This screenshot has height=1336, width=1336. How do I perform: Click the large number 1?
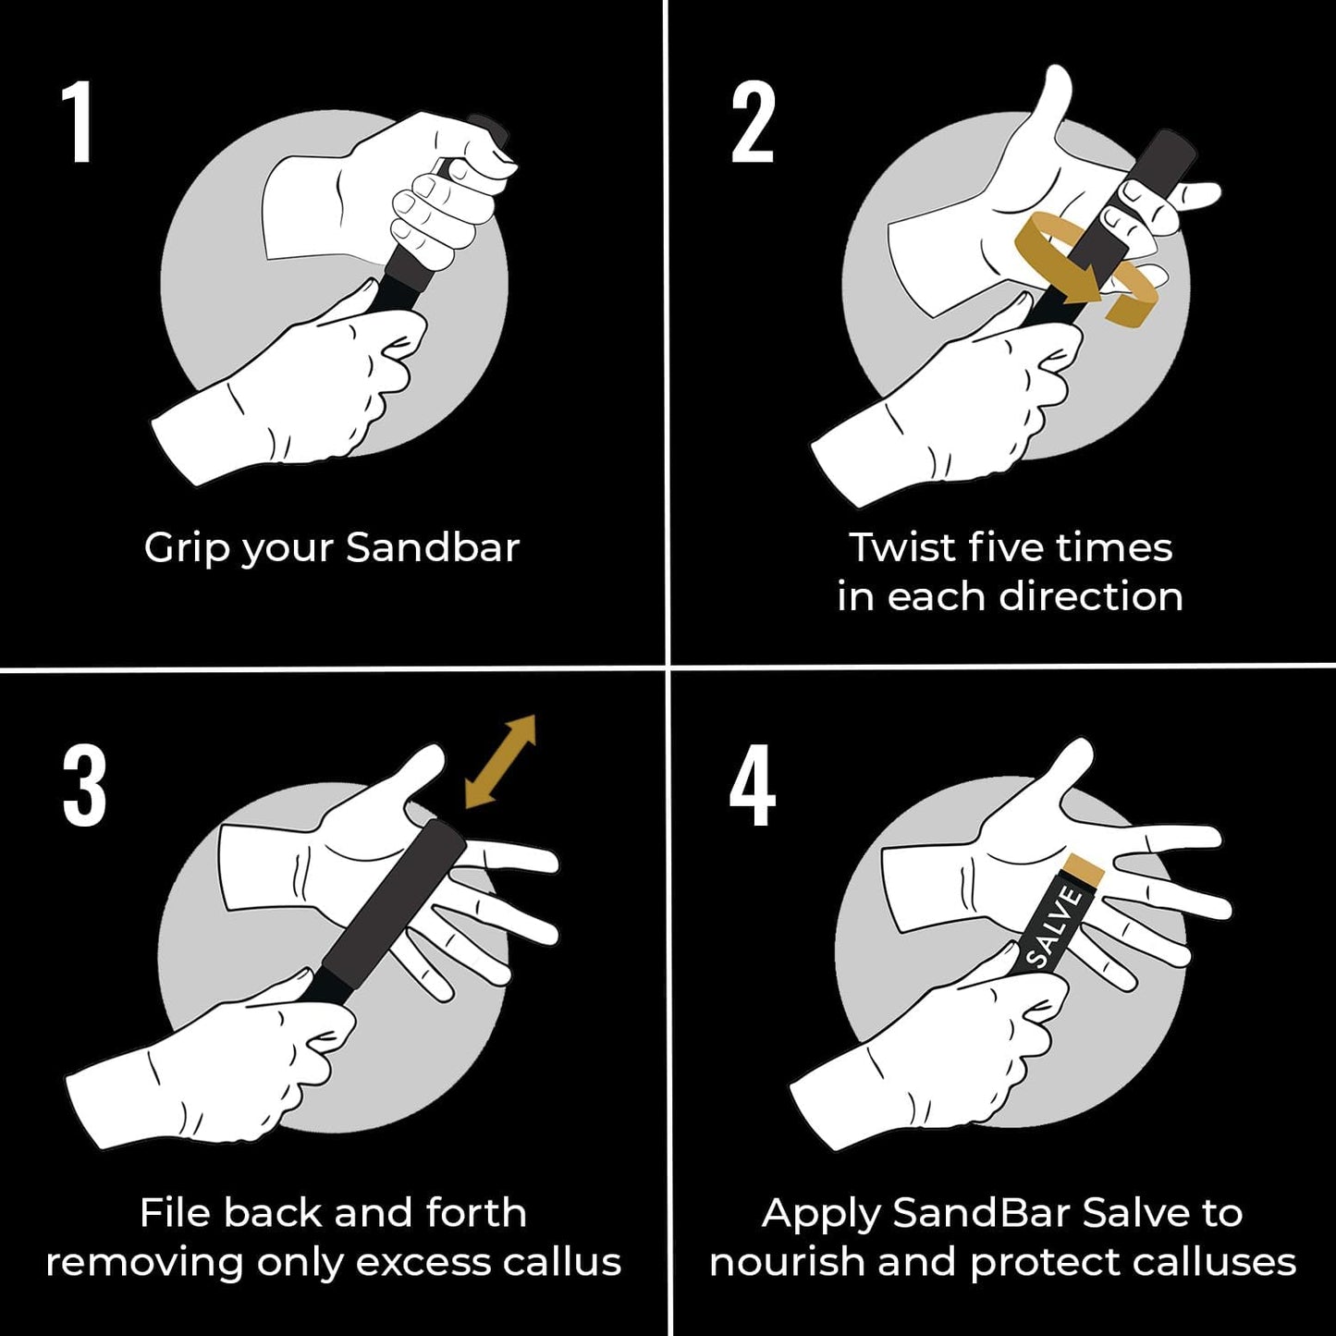[79, 122]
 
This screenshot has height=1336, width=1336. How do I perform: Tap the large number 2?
[752, 122]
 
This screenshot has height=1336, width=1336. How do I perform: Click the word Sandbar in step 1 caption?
[433, 547]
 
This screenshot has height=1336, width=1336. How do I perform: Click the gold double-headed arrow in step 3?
[500, 761]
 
